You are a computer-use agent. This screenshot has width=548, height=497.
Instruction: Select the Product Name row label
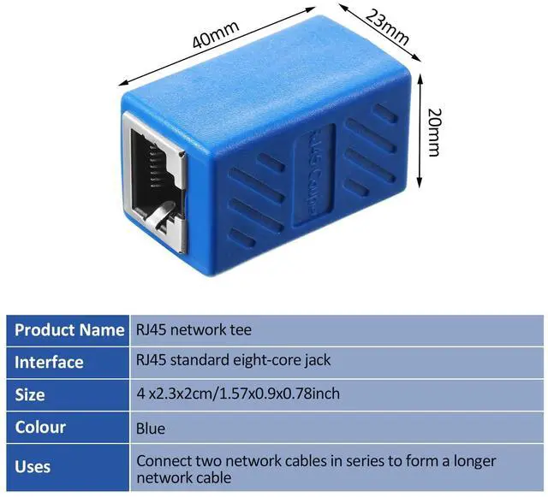(x=69, y=329)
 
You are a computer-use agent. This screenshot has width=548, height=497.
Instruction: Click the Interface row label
(x=49, y=362)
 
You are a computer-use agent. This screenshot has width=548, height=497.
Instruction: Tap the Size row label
(x=30, y=394)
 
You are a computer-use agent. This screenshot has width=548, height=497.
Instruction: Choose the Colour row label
(x=40, y=427)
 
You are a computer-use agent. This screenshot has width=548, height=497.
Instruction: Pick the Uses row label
(x=33, y=467)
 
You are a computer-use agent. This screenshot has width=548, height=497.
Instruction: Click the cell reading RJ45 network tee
(x=194, y=329)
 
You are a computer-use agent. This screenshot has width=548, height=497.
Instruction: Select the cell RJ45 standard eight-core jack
(x=233, y=361)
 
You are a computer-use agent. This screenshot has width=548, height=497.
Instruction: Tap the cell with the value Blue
(x=151, y=428)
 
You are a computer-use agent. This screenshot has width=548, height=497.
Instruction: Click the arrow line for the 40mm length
(x=214, y=50)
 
